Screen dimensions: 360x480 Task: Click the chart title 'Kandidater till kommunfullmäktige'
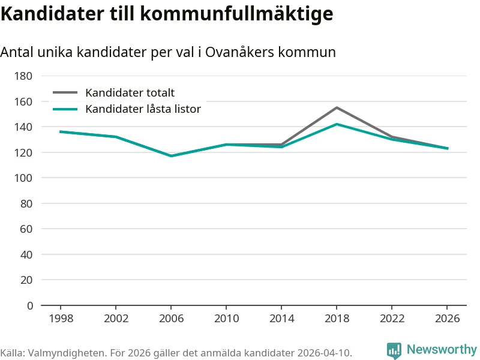[167, 14]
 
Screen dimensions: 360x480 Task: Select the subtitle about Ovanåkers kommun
[168, 52]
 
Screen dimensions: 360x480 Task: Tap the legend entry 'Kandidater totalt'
[130, 92]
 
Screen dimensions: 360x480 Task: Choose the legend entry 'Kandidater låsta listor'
[143, 109]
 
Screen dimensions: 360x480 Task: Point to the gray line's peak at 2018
[337, 107]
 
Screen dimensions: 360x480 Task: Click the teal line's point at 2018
[337, 124]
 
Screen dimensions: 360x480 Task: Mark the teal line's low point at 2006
[171, 156]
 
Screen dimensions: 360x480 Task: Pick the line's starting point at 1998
[61, 131]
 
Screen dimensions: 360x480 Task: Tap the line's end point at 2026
[447, 148]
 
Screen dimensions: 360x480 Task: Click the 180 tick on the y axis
[24, 76]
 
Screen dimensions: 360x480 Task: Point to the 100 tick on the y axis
[24, 178]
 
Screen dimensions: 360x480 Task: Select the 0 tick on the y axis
[29, 305]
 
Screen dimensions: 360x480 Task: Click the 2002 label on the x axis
[116, 318]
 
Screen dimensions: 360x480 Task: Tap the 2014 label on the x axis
[281, 318]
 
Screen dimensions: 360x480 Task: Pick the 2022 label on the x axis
[392, 318]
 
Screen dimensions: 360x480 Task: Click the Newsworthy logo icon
[394, 350]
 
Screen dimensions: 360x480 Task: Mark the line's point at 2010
[226, 145]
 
